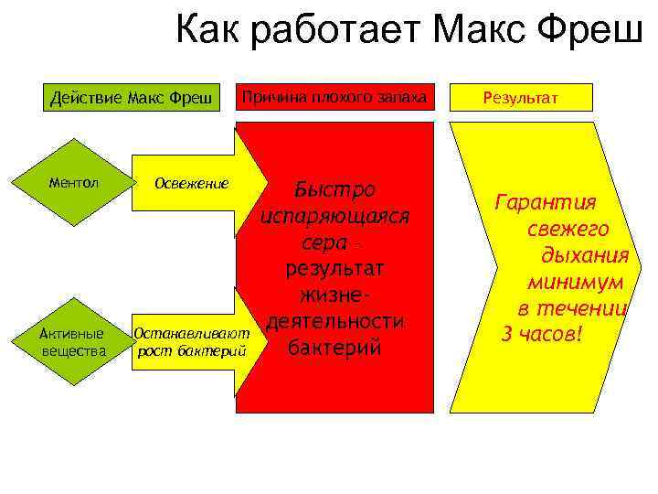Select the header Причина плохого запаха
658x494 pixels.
click(334, 97)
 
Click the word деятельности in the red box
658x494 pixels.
click(333, 323)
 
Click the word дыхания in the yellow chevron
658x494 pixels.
click(584, 256)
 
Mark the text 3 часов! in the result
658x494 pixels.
click(542, 335)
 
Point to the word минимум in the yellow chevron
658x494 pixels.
click(576, 283)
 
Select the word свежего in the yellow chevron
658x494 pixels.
click(568, 230)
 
